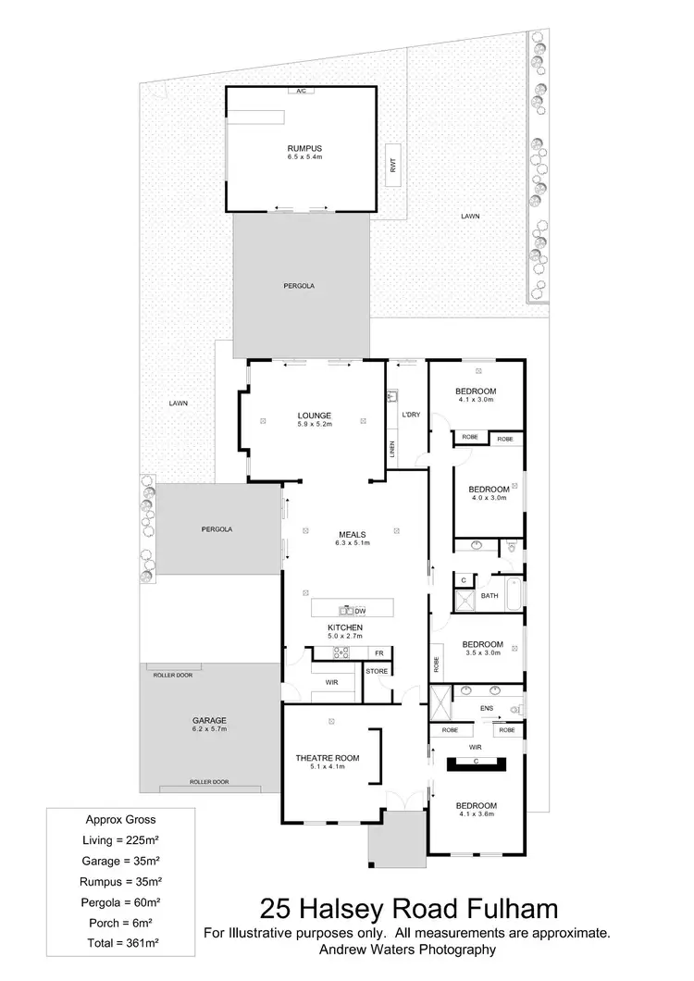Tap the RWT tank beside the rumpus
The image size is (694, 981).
pyautogui.click(x=392, y=167)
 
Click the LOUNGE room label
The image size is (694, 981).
pyautogui.click(x=315, y=416)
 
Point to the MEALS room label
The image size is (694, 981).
pyautogui.click(x=352, y=534)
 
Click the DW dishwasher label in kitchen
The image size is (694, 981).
pyautogui.click(x=361, y=611)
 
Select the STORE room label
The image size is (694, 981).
pyautogui.click(x=377, y=671)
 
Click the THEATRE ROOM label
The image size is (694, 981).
pyautogui.click(x=328, y=758)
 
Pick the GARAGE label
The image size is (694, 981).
pyautogui.click(x=210, y=720)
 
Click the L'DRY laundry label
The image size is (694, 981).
pyautogui.click(x=411, y=415)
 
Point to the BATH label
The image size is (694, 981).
pyautogui.click(x=490, y=596)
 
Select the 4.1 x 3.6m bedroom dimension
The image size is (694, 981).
pyautogui.click(x=477, y=814)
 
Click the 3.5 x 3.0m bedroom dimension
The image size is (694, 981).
pyautogui.click(x=482, y=653)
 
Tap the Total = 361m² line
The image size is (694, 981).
pyautogui.click(x=120, y=947)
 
